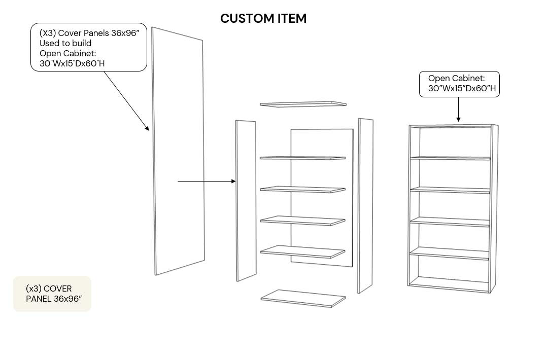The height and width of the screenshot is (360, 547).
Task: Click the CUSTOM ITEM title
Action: [263, 19]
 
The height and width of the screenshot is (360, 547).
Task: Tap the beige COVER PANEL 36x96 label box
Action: [52, 294]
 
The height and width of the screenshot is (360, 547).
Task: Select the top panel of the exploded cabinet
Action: [303, 104]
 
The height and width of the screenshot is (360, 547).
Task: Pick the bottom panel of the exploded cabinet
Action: [303, 298]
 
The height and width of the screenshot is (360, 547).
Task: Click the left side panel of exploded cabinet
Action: [246, 200]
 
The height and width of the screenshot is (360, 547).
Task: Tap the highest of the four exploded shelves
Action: [303, 158]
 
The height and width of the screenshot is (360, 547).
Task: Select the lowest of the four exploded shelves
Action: [303, 251]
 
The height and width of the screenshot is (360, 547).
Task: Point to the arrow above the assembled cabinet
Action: [458, 109]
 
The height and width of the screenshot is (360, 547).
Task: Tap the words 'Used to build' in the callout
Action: [65, 43]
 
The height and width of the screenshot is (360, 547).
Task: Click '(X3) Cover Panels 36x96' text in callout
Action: [89, 33]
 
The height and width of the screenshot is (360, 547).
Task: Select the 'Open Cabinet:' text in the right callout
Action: [456, 79]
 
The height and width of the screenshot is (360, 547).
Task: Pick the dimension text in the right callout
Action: [459, 89]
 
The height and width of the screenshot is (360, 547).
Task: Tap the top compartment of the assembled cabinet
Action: [451, 142]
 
